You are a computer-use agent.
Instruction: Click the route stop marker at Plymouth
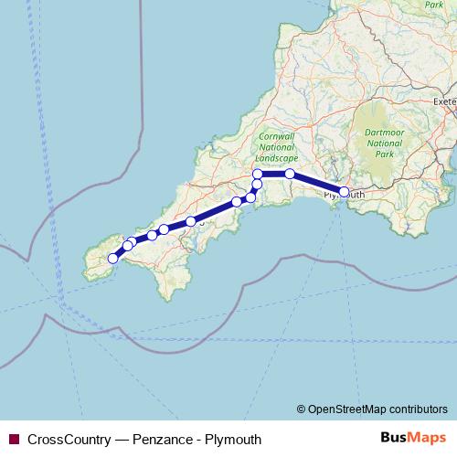coord(345,192)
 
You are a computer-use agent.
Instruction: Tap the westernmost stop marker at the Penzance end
coord(112,259)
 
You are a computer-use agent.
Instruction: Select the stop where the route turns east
coord(258,174)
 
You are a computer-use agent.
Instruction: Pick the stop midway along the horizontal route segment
coord(290,174)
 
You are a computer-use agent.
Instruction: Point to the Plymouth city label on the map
coord(345,195)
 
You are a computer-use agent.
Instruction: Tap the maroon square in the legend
coord(14,440)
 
